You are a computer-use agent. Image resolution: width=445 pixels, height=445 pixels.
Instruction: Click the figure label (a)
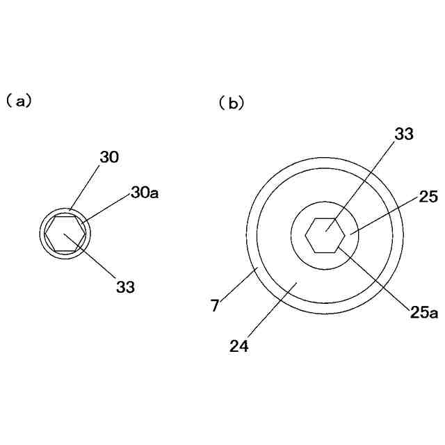click(x=19, y=101)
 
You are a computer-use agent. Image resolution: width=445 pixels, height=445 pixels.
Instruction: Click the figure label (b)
click(x=232, y=104)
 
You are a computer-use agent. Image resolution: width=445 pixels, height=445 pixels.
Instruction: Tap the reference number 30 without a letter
click(x=109, y=158)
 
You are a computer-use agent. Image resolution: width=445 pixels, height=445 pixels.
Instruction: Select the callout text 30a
click(x=145, y=193)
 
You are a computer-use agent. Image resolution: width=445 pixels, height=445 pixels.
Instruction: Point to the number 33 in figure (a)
click(x=126, y=286)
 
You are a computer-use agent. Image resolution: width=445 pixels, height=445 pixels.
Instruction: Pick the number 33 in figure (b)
click(x=404, y=135)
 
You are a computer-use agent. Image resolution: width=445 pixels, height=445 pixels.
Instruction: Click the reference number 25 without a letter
click(x=427, y=198)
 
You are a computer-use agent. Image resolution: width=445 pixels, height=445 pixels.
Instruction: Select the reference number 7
click(x=216, y=304)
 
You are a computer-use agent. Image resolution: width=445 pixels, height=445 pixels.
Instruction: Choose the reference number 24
click(x=239, y=346)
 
